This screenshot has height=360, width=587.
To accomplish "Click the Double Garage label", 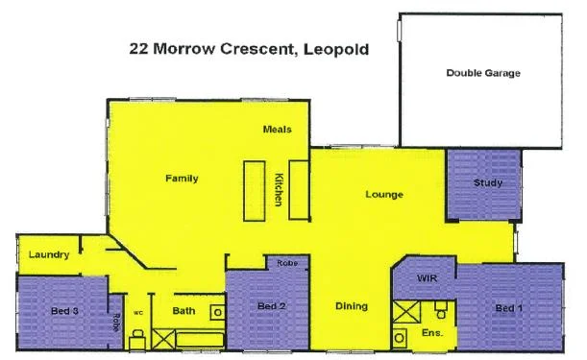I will pyautogui.click(x=482, y=73).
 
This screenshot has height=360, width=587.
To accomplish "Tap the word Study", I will pyautogui.click(x=487, y=183).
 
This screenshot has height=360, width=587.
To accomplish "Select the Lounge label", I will pyautogui.click(x=383, y=195).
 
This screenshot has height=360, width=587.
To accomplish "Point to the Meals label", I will pyautogui.click(x=278, y=130).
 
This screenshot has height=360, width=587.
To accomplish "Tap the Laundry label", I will pyautogui.click(x=47, y=255).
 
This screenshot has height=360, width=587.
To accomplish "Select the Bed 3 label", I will pyautogui.click(x=64, y=311).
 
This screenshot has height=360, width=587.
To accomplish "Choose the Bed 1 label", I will pyautogui.click(x=508, y=307).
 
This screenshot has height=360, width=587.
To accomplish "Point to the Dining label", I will pyautogui.click(x=352, y=306).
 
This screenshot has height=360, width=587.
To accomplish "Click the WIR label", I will pyautogui.click(x=428, y=277).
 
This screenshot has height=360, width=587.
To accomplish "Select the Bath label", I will pyautogui.click(x=184, y=311).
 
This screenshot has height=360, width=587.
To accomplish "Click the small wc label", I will pyautogui.click(x=137, y=312).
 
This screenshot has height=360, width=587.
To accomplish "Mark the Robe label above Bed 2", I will pyautogui.click(x=285, y=263).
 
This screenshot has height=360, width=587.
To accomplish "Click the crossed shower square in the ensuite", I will pyautogui.click(x=407, y=312).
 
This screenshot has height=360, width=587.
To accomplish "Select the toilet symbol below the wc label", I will pyautogui.click(x=137, y=335).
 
